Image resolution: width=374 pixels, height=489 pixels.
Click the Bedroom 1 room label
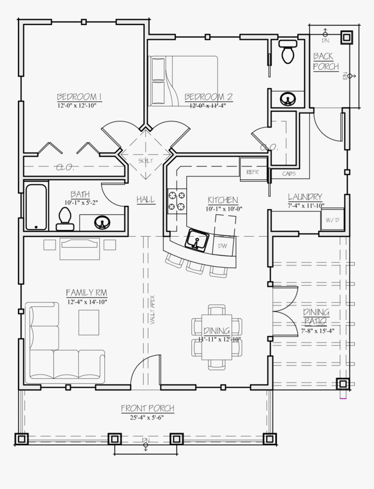pyautogui.click(x=79, y=97)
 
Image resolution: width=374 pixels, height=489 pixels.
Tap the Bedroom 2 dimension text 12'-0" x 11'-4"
pyautogui.click(x=208, y=106)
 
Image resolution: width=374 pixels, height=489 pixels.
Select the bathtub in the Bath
pyautogui.click(x=36, y=207)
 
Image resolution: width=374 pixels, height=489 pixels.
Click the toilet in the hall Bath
pyautogui.click(x=65, y=219)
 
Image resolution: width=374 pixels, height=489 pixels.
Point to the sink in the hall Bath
pyautogui.click(x=101, y=222)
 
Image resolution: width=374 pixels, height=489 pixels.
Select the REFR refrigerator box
pyautogui.click(x=249, y=171)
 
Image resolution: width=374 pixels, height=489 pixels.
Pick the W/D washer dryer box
pyautogui.click(x=332, y=220)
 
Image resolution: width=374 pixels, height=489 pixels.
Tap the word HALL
pyautogui.click(x=145, y=199)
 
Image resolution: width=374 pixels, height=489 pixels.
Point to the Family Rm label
pyautogui.click(x=86, y=292)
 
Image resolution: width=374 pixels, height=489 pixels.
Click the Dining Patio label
pyautogui.click(x=316, y=317)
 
